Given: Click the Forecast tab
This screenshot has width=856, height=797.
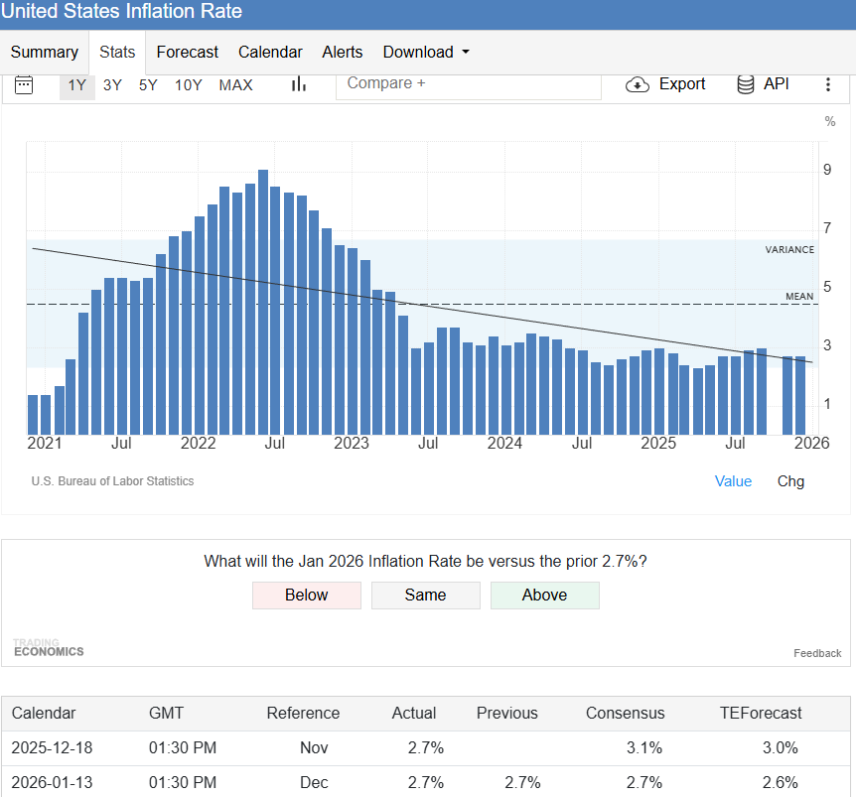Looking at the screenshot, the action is pos(187,52).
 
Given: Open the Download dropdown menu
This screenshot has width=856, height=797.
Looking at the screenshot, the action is pos(426,52).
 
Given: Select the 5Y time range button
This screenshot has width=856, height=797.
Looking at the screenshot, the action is pos(148,85).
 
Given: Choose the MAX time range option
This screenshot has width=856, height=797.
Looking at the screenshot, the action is pos(235,85).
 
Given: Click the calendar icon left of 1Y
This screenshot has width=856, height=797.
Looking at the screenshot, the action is pos(24,85).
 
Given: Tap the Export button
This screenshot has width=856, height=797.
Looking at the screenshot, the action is pos(665,84).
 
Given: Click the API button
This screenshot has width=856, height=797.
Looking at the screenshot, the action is pos(763,84).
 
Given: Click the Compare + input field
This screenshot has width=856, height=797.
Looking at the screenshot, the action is pos(469,84).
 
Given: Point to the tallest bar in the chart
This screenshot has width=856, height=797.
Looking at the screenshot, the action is pos(263,302).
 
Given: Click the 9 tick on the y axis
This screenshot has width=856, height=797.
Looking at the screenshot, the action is pos(827,170).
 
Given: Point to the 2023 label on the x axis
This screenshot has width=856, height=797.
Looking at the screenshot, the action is pos(351,443).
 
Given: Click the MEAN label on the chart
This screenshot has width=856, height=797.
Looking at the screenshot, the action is pos(799,296).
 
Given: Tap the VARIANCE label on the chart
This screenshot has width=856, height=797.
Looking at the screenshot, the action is pos(789,249).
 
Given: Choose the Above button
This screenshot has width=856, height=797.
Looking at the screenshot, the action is pos(545,596).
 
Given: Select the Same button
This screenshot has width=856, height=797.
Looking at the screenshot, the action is pos(426,596).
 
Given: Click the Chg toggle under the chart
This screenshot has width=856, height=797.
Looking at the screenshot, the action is pos(790,481).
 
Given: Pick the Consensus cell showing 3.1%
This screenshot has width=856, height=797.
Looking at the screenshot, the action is pos(644,747).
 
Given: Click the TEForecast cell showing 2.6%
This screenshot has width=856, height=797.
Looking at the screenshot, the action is pos(781,782).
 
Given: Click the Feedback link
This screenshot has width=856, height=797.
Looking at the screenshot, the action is pos(817,653).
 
